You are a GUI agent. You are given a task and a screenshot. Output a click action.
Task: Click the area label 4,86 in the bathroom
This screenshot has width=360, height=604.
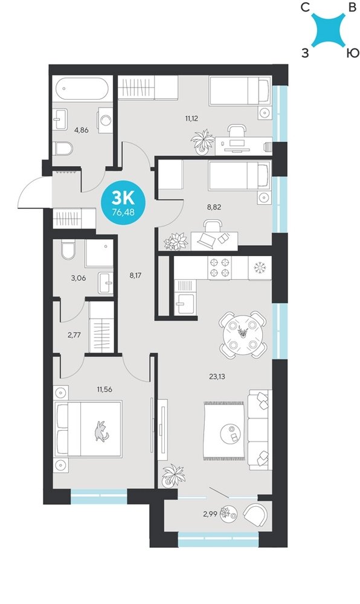tap(81, 130)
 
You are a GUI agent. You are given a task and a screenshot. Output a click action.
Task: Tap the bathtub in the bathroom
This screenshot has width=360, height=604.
tap(82, 89)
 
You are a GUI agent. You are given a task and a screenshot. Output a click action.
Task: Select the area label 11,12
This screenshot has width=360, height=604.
tap(191, 118)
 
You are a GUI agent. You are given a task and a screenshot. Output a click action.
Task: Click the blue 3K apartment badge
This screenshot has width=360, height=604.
tap(123, 204)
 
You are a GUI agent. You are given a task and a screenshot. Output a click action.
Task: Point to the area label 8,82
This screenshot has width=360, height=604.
tap(214, 207)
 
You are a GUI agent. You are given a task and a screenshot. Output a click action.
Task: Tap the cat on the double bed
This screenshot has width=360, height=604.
tap(101, 431)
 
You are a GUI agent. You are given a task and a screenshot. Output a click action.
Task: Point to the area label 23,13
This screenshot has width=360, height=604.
tap(217, 377)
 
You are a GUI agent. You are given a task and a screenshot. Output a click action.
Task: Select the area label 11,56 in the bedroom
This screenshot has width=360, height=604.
tap(104, 390)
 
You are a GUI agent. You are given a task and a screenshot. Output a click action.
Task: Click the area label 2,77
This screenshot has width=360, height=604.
tap(74, 335)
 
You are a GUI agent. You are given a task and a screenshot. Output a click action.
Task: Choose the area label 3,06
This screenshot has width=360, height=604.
tap(78, 278)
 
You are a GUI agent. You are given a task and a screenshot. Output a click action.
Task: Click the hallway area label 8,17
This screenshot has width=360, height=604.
tap(136, 275)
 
